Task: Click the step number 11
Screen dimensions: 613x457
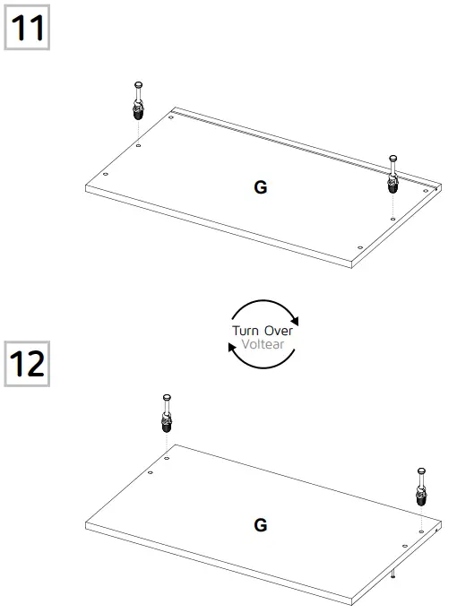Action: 27,28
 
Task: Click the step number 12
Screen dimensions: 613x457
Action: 27,365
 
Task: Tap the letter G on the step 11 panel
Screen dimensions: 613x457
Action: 261,188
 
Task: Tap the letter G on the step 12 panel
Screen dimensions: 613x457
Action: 261,525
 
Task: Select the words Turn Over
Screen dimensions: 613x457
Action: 263,331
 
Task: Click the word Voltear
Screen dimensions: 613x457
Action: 263,342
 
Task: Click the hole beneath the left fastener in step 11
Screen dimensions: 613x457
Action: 138,143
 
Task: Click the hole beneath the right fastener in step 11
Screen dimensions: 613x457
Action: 392,217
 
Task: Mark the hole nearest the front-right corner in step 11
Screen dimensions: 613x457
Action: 359,247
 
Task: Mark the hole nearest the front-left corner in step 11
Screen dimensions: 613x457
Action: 106,175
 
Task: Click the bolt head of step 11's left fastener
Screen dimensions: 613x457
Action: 137,84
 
